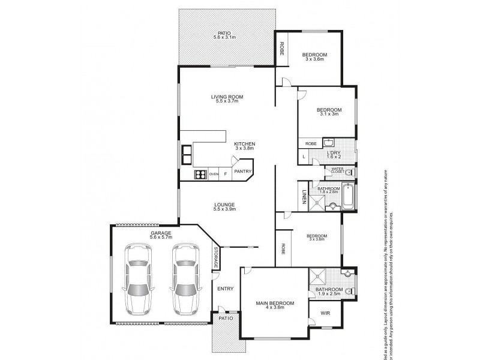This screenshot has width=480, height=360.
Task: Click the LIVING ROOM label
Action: [226, 97]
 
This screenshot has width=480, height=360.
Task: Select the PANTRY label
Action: [242, 172]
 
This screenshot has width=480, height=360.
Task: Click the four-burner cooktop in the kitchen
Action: [200, 175]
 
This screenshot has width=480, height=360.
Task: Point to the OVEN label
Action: [213, 175]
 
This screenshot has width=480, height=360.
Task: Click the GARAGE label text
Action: [161, 232]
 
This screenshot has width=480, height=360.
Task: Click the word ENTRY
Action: [226, 289]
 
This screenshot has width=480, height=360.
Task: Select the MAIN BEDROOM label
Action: [274, 304]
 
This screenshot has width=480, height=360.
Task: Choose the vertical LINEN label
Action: [305, 196]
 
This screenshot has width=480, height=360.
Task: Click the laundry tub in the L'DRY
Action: [329, 143]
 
